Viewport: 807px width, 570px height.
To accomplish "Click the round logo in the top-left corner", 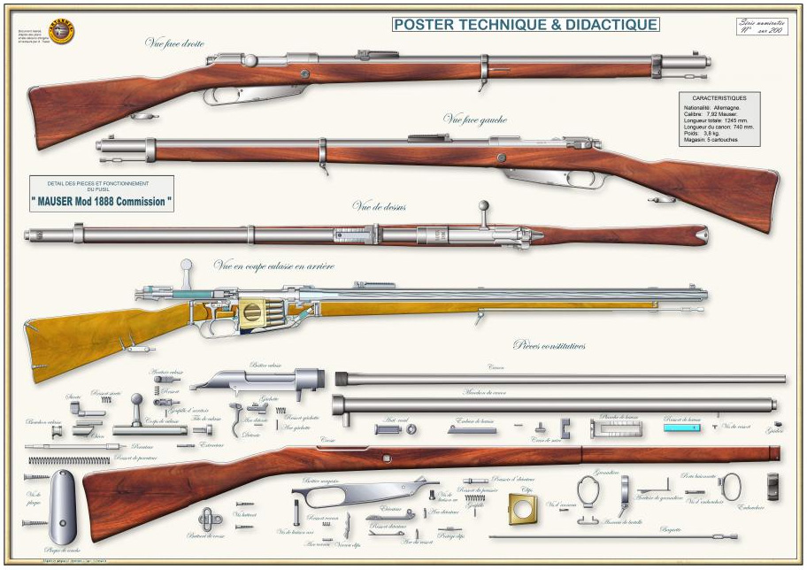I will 61,32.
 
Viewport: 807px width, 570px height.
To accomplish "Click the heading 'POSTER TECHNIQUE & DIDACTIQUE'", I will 526,25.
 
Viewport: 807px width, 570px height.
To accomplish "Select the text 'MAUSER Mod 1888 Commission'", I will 101,201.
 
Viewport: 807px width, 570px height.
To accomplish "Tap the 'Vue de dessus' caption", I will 379,206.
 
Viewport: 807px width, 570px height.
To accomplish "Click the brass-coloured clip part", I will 522,508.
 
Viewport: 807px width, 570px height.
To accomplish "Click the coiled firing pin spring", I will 57,460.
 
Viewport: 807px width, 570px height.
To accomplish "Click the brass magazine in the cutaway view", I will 252,314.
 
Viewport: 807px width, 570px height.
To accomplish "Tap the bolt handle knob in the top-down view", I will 483,207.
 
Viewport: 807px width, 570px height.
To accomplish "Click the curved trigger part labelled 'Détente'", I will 236,419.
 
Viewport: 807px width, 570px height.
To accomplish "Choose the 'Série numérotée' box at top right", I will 761,27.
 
